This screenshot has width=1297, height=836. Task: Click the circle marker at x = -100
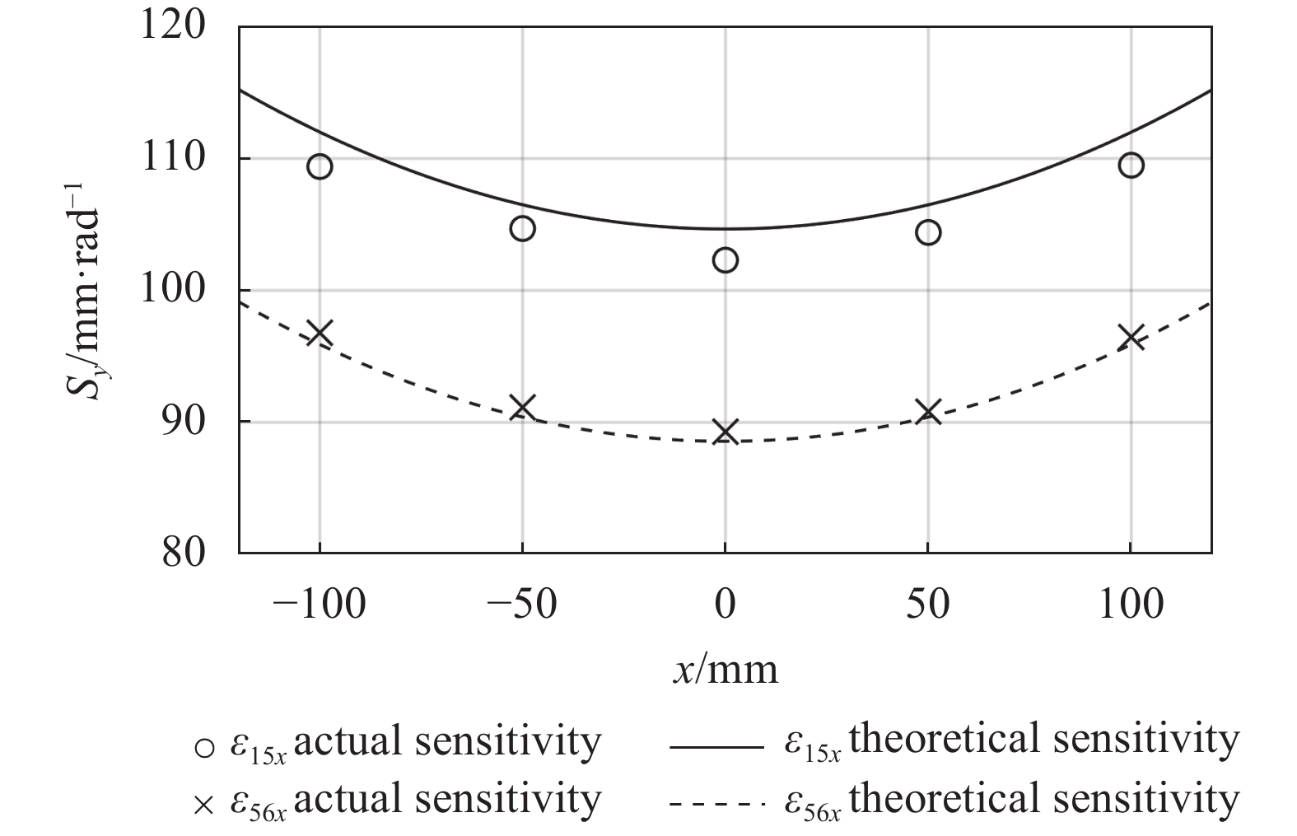[x=320, y=166]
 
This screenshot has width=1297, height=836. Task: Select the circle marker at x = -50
[x=522, y=228]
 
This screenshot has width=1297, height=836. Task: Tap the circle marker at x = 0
[x=725, y=260]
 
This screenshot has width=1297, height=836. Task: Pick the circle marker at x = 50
[x=928, y=232]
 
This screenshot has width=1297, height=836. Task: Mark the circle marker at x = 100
[x=1131, y=166]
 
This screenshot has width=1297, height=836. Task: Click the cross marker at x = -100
[x=320, y=334]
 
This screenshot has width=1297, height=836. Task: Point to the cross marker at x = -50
[x=522, y=407]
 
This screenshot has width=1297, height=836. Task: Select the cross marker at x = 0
[x=725, y=431]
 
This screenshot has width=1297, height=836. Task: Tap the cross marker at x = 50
[x=928, y=412]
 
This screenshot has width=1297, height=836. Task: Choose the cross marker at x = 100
[x=1132, y=337]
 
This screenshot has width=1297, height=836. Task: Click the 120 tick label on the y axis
[x=173, y=26]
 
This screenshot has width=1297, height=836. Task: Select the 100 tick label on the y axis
[x=173, y=290]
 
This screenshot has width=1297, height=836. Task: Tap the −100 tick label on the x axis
[x=319, y=605]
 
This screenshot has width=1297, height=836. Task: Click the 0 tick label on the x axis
[x=725, y=605]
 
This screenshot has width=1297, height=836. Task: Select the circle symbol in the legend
[x=203, y=747]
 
